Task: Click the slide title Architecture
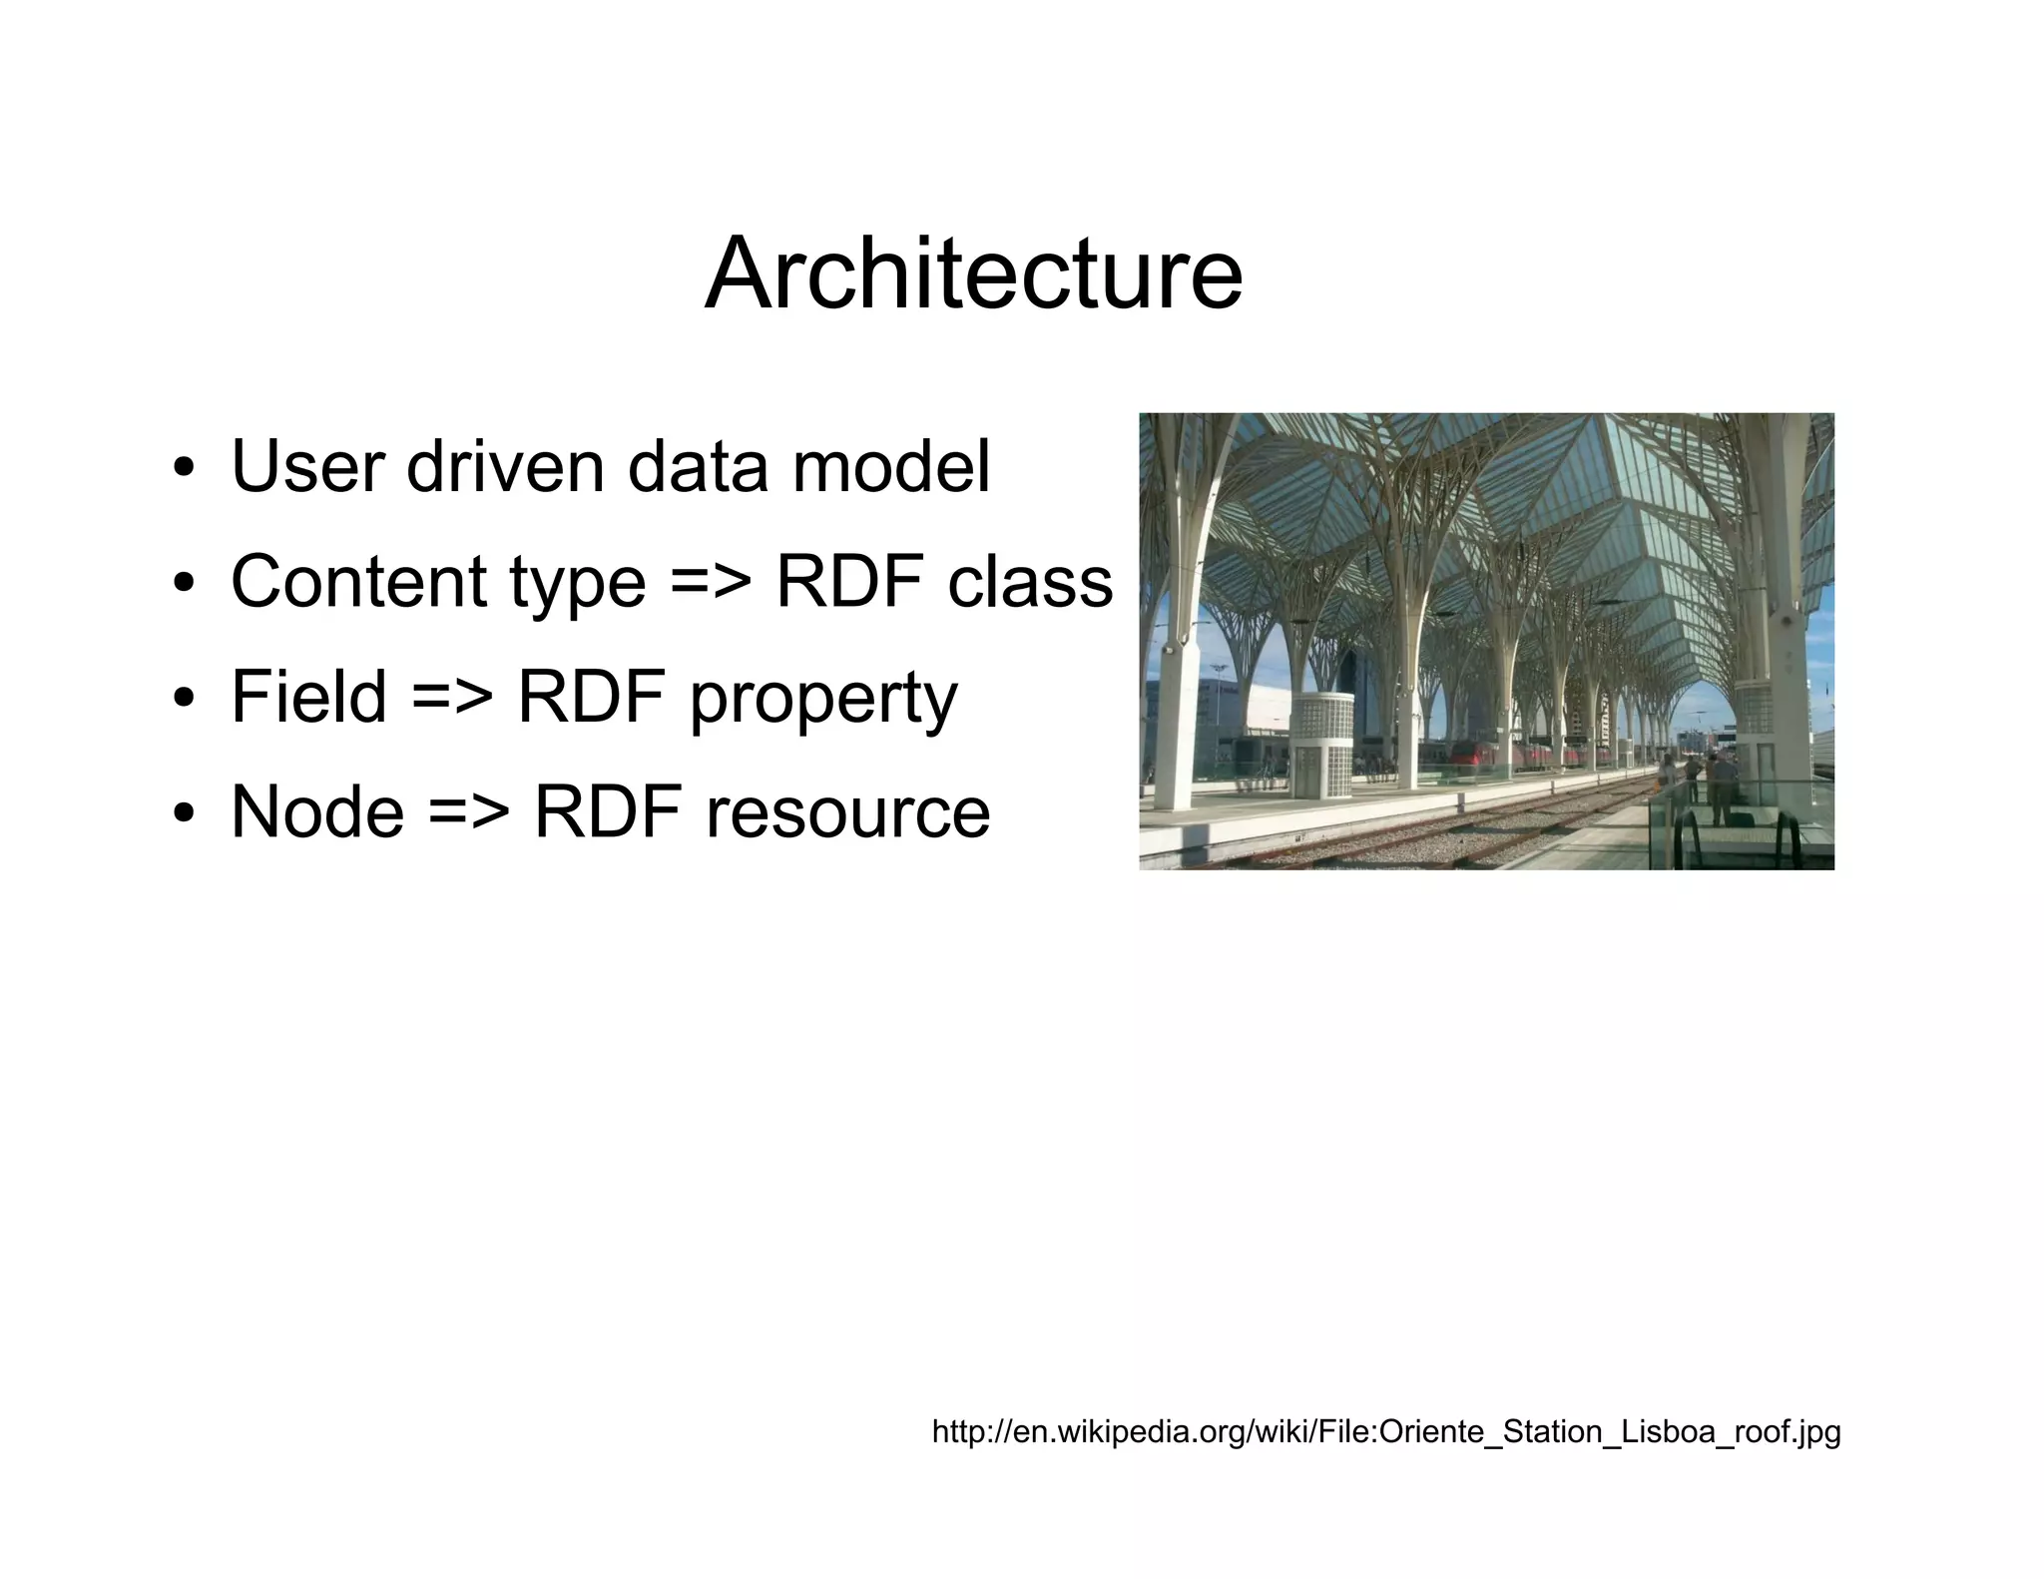pos(973,273)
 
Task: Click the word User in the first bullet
pos(306,466)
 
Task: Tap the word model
pos(891,466)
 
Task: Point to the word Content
pos(358,582)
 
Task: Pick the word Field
pos(308,697)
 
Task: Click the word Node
pos(317,811)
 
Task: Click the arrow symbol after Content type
pos(711,583)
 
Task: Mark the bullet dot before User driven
pos(183,469)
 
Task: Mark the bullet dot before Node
pos(183,814)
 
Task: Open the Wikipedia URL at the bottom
pos(1385,1432)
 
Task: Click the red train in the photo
pos(1497,756)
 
